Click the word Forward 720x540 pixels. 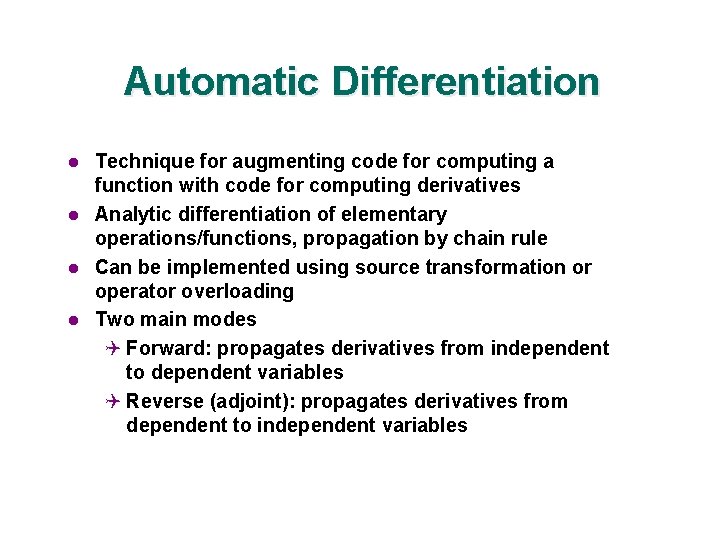pos(168,348)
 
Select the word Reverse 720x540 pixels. pos(165,401)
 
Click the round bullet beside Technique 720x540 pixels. pos(73,162)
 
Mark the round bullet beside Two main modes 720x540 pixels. pos(73,320)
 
